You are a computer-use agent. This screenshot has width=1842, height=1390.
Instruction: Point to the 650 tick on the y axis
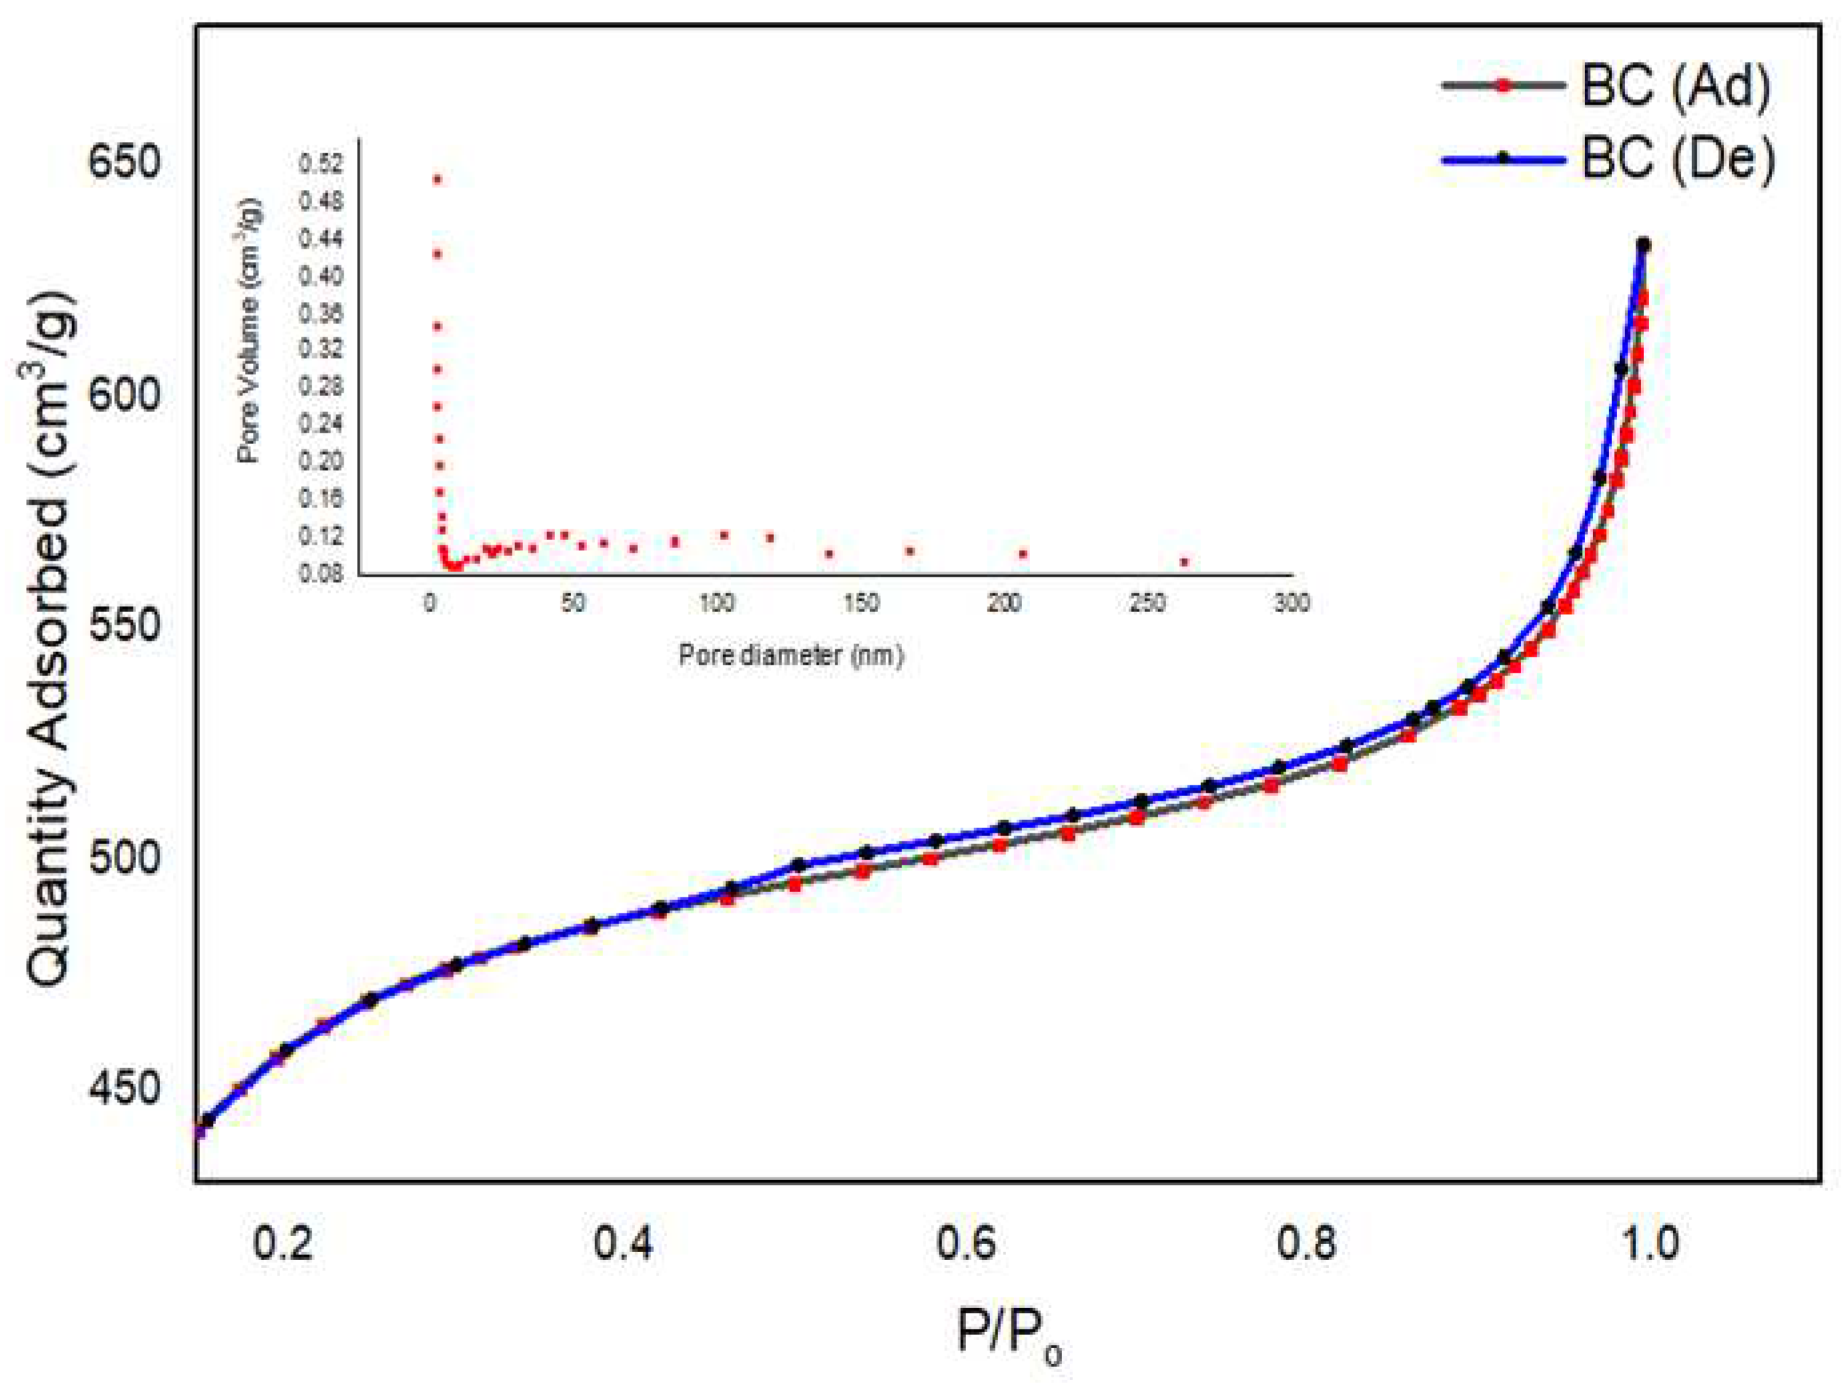[x=123, y=160]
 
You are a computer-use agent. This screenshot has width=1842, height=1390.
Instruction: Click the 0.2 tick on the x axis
[x=283, y=1243]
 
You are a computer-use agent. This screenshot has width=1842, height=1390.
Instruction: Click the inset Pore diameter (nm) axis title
[x=791, y=656]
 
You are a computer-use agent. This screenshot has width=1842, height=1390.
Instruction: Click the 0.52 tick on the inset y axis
[x=321, y=164]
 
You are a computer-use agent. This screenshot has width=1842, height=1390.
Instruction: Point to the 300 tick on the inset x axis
[x=1292, y=603]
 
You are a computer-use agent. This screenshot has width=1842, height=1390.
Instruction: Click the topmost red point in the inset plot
[x=436, y=179]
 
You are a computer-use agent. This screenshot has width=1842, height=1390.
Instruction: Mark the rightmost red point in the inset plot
[x=1184, y=562]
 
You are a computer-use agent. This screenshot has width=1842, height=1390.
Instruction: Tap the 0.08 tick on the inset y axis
[x=321, y=573]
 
